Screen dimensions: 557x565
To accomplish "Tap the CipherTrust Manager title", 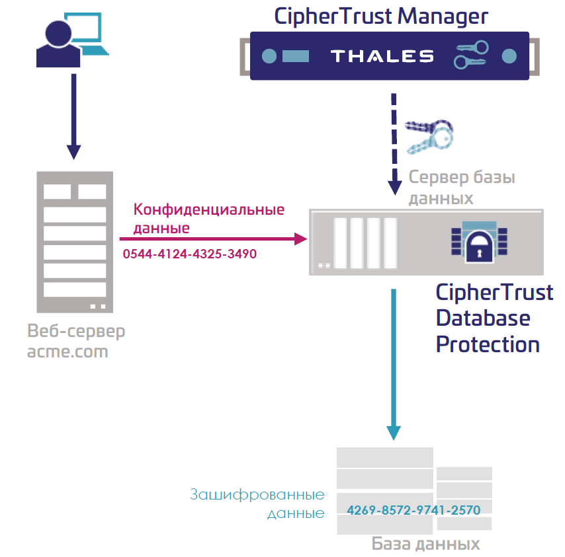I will [382, 16].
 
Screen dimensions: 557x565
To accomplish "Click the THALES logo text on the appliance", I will [382, 56].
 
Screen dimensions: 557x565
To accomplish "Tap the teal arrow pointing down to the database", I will [394, 363].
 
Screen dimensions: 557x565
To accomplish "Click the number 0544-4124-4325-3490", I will [190, 254].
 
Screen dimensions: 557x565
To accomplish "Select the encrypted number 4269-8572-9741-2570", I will [413, 509].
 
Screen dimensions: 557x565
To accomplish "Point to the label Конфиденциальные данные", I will [208, 219].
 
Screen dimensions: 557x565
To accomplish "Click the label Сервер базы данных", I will [461, 188].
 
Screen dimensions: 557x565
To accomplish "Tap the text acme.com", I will [67, 352].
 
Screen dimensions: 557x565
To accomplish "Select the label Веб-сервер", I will [76, 331].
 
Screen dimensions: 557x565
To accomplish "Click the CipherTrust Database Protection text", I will [494, 318].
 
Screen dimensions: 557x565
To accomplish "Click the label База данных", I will [425, 544].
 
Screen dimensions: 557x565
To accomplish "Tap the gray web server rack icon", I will [74, 241].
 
